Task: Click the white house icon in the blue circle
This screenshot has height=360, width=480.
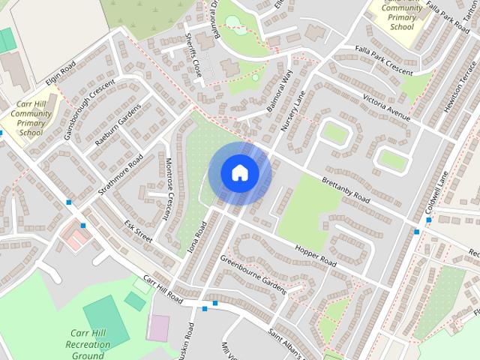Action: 239,172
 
